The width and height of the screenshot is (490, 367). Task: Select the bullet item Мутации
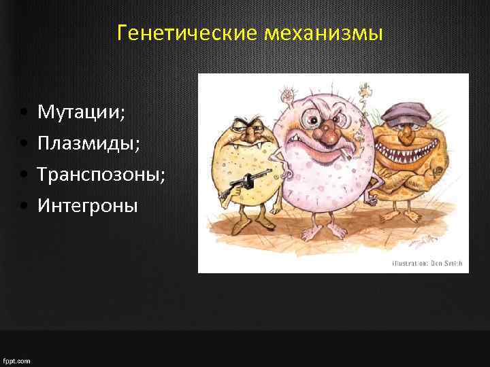(x=81, y=111)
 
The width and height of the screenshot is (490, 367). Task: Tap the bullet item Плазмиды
(x=88, y=143)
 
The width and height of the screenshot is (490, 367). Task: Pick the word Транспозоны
(x=101, y=174)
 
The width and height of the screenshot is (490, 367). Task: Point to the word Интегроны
(x=88, y=205)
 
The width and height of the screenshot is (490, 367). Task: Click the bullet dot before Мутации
(x=24, y=112)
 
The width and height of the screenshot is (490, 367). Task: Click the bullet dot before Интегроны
(x=24, y=205)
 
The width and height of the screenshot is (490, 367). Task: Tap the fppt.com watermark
(x=16, y=360)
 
